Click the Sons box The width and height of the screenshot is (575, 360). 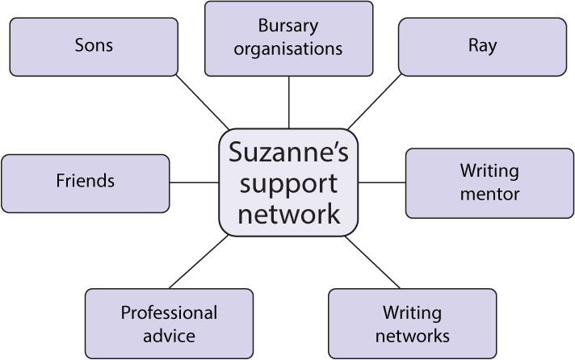94,46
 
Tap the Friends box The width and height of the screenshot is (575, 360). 86,182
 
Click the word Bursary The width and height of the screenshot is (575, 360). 288,27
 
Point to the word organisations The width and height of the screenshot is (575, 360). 288,48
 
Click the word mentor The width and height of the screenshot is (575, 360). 489,194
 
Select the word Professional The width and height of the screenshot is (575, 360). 169,312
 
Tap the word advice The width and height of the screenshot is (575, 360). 169,333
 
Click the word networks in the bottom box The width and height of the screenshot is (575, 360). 412,333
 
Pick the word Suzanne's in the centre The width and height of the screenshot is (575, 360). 288,153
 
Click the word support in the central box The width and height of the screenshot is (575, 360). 288,183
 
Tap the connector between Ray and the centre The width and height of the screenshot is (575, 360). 374,102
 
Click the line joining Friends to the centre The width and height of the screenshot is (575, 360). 194,182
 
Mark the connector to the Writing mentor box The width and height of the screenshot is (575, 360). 381,182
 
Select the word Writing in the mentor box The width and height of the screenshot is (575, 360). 489,171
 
